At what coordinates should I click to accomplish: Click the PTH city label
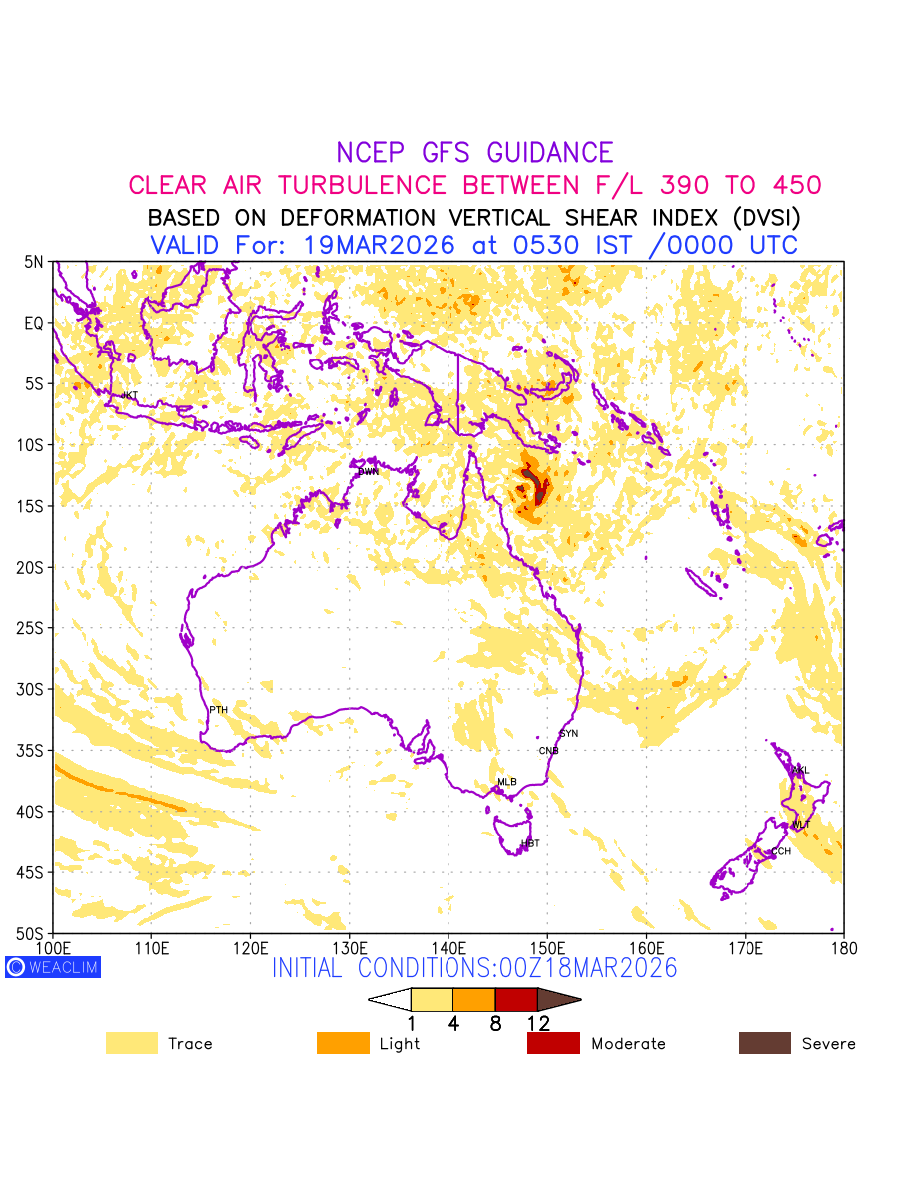tap(218, 710)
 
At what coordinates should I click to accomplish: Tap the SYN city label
tap(569, 734)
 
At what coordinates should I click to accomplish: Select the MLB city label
tap(507, 782)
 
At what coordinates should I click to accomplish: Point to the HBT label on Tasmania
tap(530, 844)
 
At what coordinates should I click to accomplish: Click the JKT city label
tap(130, 396)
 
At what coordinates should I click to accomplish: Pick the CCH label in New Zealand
tap(781, 851)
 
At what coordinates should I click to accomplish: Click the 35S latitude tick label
tap(33, 751)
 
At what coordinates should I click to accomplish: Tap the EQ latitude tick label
tap(35, 324)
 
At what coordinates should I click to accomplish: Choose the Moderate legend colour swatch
tap(553, 1043)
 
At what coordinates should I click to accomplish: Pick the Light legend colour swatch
tap(343, 1043)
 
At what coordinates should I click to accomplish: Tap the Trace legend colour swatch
tap(132, 1043)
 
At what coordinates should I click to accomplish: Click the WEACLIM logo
tap(53, 967)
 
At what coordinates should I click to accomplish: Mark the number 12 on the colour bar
tap(538, 1023)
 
